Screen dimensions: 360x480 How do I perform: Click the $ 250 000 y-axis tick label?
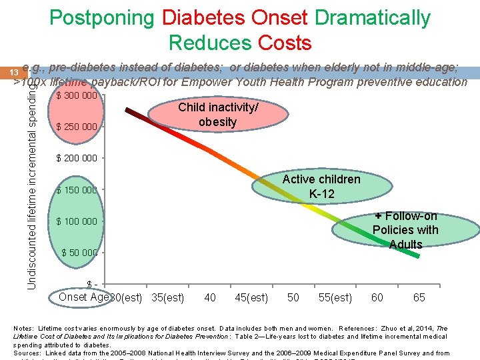coord(77,127)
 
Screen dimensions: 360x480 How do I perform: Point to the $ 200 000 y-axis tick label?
coord(77,158)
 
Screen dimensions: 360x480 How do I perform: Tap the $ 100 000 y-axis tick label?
coord(77,221)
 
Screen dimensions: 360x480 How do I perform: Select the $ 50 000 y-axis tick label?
coord(79,253)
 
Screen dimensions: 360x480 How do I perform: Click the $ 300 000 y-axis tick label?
coord(77,95)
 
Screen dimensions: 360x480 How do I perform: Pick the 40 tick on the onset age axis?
coord(210,297)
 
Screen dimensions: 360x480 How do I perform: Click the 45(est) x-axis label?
coord(251,297)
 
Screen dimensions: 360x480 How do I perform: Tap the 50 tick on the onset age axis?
coord(293,297)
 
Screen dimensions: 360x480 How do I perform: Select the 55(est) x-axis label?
coord(335,297)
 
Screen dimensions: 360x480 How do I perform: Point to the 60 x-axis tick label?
coord(377,297)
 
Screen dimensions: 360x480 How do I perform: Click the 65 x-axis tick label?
coord(419,297)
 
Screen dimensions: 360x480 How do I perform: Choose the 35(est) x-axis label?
coord(168,297)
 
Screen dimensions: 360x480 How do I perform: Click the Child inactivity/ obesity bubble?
coord(217,115)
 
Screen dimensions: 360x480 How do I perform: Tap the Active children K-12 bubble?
coord(321,187)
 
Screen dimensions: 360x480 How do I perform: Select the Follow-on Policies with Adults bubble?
coord(405,230)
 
